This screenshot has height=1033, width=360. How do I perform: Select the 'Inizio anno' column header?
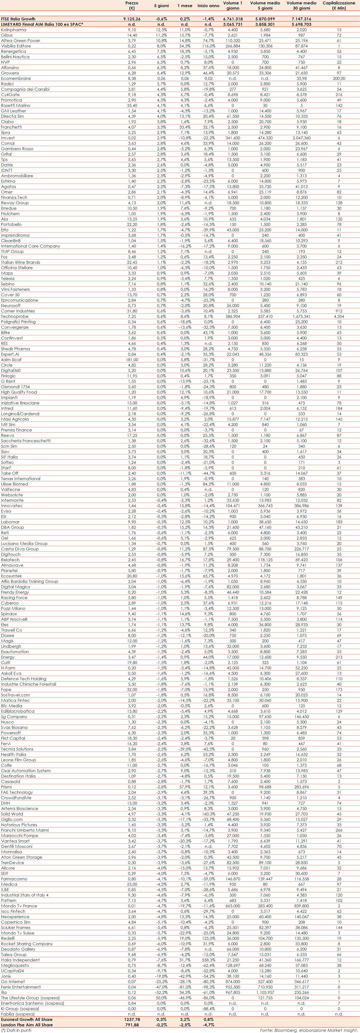208,6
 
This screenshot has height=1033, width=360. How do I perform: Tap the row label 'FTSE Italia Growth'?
18,19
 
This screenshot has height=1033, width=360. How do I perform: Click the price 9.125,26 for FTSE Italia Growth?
132,19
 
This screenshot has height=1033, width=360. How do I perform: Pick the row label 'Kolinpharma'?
14,30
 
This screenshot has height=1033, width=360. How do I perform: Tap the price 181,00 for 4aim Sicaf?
132,360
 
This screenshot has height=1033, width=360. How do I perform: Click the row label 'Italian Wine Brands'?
20,262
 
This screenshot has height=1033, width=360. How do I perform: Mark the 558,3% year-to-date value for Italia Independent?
208,960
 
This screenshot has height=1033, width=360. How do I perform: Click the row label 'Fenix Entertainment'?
21,987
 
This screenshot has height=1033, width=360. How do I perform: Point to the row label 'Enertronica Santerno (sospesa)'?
32,1003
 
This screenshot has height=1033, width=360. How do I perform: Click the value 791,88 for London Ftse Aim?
132,1025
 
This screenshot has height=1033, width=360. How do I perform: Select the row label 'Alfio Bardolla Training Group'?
29,581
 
